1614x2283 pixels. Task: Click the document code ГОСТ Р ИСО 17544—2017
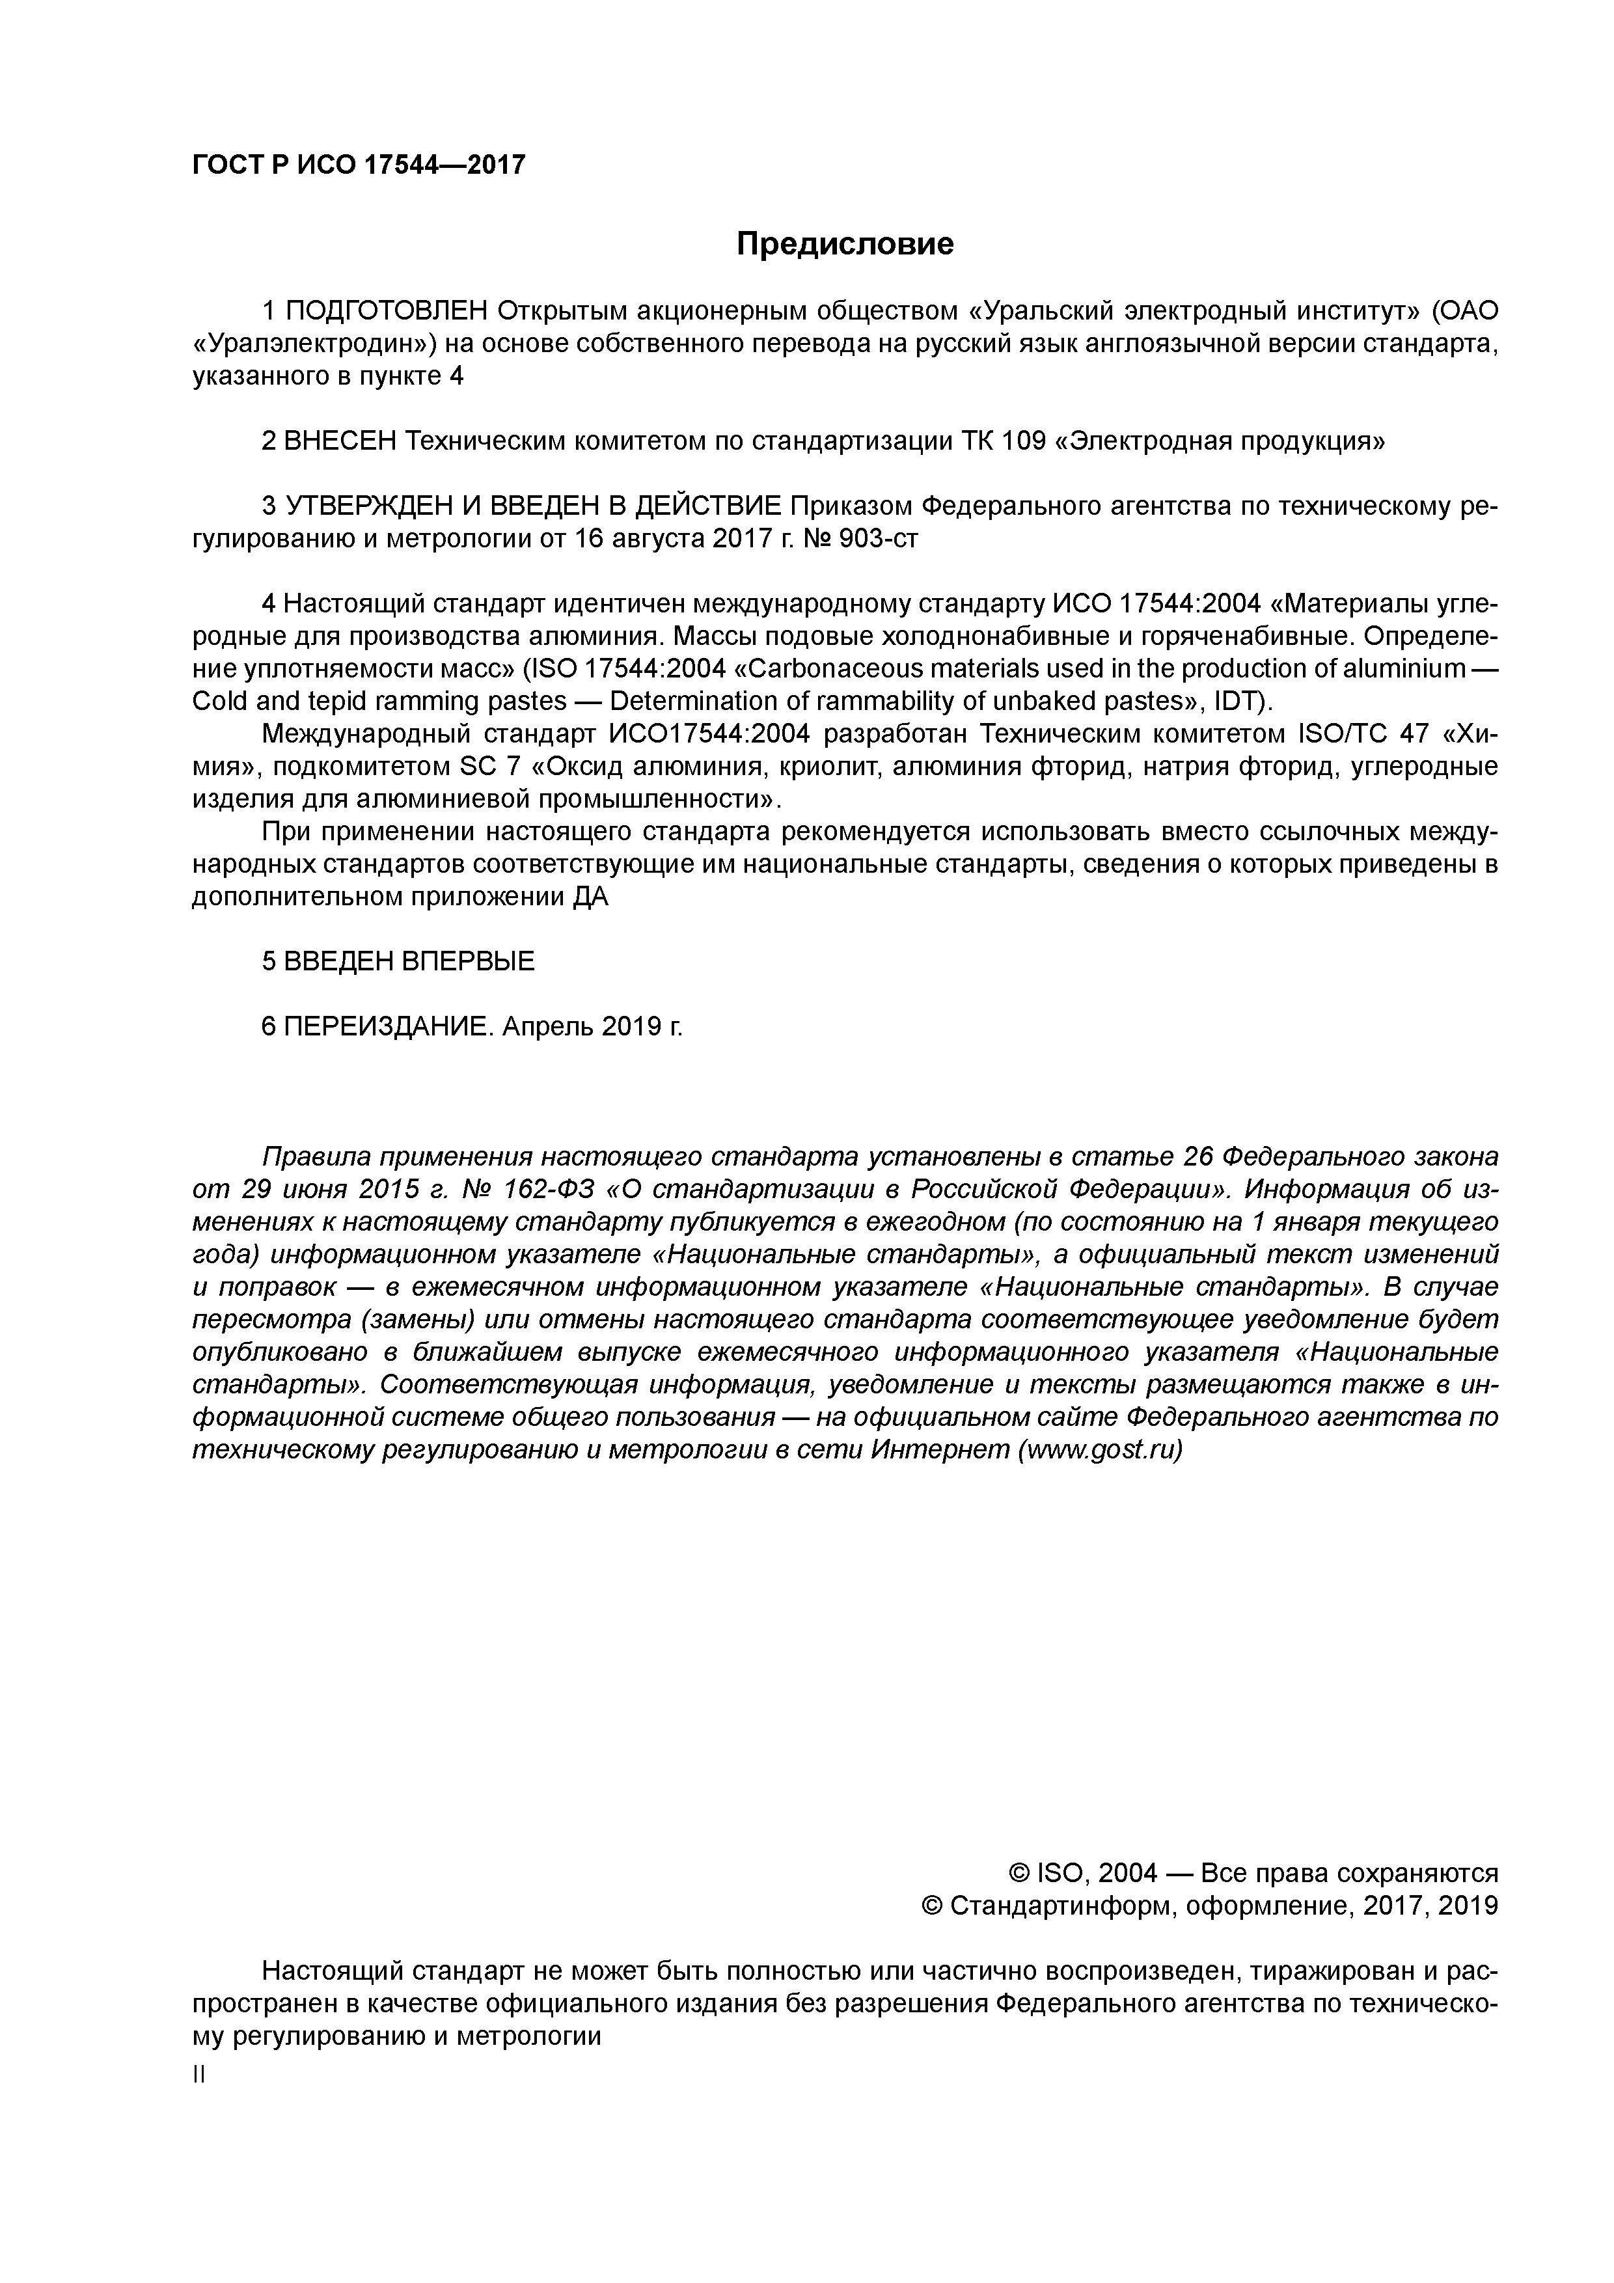[358, 165]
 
